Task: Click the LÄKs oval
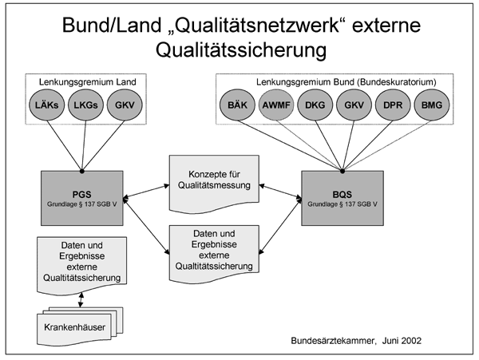click(47, 105)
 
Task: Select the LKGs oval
click(85, 105)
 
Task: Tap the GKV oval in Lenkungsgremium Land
click(125, 105)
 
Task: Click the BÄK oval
click(237, 105)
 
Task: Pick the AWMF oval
click(276, 105)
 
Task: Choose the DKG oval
click(315, 105)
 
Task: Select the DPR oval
click(393, 105)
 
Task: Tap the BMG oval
click(432, 105)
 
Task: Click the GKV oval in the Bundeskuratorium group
click(354, 105)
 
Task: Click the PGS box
click(82, 198)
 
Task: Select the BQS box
click(342, 198)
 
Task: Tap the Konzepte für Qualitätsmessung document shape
click(214, 184)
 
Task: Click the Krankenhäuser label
click(74, 327)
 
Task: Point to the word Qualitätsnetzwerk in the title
click(253, 25)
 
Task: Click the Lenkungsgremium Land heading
click(87, 82)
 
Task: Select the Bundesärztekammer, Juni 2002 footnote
click(356, 341)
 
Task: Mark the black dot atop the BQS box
click(342, 171)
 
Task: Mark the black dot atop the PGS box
click(82, 171)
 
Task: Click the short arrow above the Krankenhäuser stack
click(81, 299)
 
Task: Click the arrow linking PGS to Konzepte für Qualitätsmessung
click(146, 192)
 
